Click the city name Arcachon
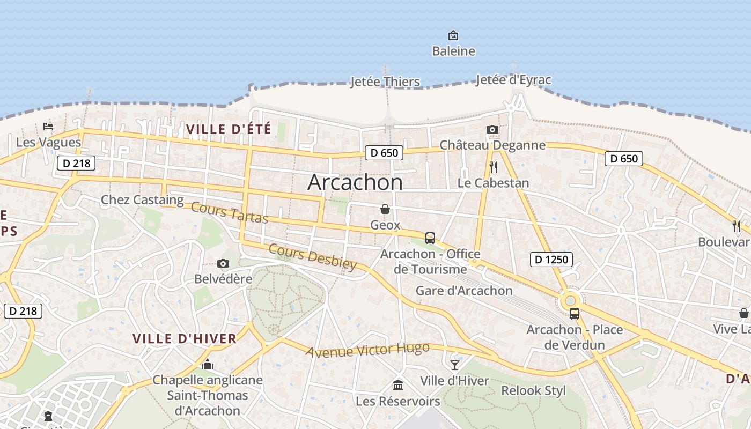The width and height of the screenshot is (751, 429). (x=355, y=183)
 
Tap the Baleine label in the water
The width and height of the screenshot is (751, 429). (x=453, y=51)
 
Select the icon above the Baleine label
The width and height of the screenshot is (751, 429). (x=453, y=36)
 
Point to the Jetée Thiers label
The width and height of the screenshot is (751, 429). (x=385, y=82)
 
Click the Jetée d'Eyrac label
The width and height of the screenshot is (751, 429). (x=513, y=80)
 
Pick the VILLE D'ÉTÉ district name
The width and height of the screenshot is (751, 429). (x=229, y=129)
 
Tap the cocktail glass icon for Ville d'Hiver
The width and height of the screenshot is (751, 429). (x=455, y=365)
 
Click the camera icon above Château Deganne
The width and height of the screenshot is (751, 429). (x=492, y=129)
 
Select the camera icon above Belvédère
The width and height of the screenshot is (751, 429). (x=223, y=263)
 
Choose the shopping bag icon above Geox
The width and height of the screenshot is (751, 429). (x=385, y=209)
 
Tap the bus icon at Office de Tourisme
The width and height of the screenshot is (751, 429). (x=430, y=238)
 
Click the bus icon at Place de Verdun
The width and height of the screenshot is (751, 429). (x=574, y=314)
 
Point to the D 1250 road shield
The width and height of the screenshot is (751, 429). (x=551, y=260)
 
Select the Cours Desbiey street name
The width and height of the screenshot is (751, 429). (x=312, y=257)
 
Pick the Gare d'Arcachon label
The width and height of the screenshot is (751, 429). (x=464, y=291)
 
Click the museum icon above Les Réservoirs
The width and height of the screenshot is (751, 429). (x=398, y=385)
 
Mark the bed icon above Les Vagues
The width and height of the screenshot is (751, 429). (x=48, y=127)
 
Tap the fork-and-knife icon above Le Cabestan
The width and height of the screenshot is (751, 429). (x=494, y=167)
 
